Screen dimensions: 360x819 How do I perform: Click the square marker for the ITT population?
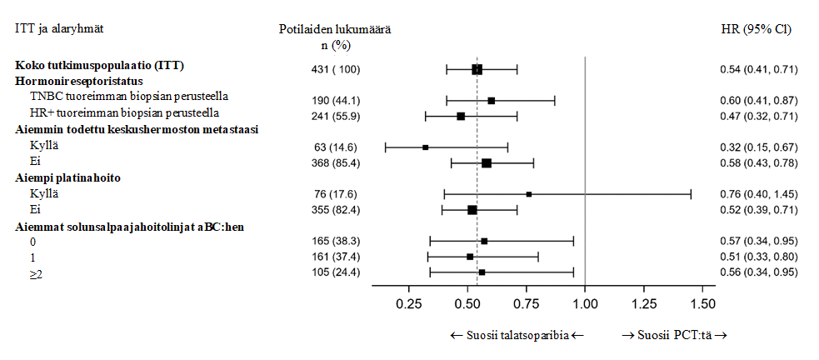(x=477, y=69)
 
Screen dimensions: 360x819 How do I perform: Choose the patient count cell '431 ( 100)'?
(x=336, y=69)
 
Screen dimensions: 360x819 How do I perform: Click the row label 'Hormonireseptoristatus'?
(x=79, y=82)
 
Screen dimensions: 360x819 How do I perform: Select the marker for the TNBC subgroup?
(x=492, y=101)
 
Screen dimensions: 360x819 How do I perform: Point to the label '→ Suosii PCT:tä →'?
(x=675, y=335)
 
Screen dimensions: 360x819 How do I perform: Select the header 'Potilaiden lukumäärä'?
(x=336, y=29)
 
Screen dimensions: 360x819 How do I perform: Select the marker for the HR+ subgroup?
(x=461, y=116)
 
